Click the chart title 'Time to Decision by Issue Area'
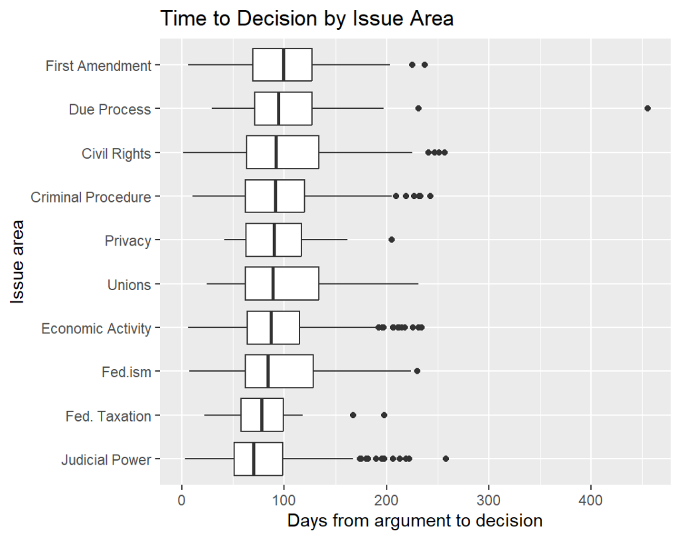point(306,19)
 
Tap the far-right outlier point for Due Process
point(647,108)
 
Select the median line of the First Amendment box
point(284,65)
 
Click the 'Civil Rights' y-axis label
point(116,153)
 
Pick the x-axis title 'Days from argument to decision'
point(415,521)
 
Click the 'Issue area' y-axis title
point(19,262)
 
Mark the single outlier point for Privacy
point(391,240)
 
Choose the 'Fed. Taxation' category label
point(108,416)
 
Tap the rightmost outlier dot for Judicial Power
point(446,459)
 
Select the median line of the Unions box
point(273,284)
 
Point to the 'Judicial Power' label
point(106,460)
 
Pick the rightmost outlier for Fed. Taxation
point(384,415)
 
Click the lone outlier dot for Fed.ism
point(417,371)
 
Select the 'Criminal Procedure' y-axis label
point(91,197)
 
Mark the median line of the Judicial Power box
point(254,459)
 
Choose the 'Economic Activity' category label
point(96,329)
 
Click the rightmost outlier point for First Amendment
point(424,64)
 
